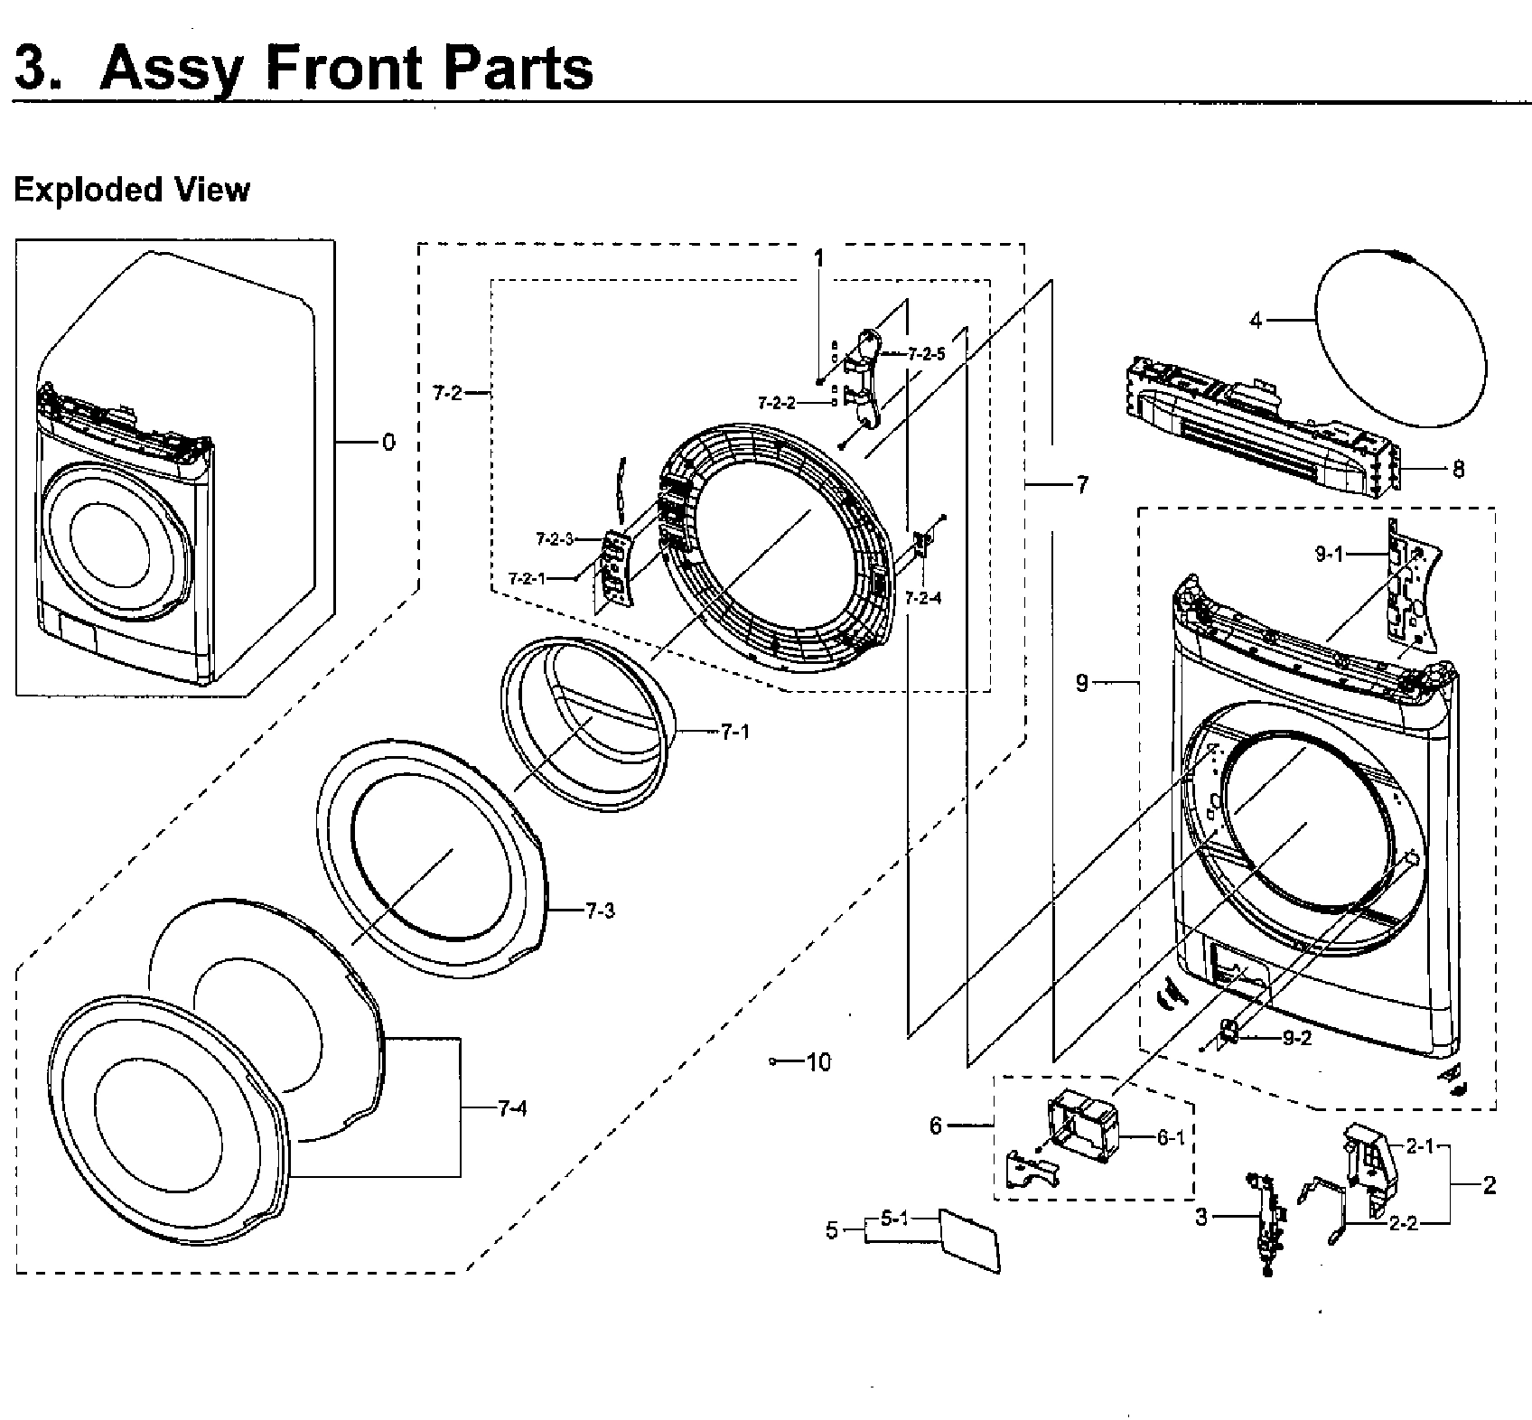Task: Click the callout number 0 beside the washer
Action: pos(388,443)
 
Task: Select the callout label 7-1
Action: pos(735,732)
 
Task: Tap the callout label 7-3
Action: pos(599,911)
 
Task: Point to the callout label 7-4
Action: pos(511,1109)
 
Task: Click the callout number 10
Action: pos(818,1062)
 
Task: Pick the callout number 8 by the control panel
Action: pos(1458,470)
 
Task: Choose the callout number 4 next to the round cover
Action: pos(1256,320)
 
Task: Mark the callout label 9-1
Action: pos(1330,555)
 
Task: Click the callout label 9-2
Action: pos(1297,1039)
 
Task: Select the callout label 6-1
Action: pos(1171,1138)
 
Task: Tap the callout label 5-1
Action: pos(893,1219)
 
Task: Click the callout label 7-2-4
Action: pos(923,597)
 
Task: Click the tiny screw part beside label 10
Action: pos(773,1062)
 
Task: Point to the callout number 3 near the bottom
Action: pos(1200,1218)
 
